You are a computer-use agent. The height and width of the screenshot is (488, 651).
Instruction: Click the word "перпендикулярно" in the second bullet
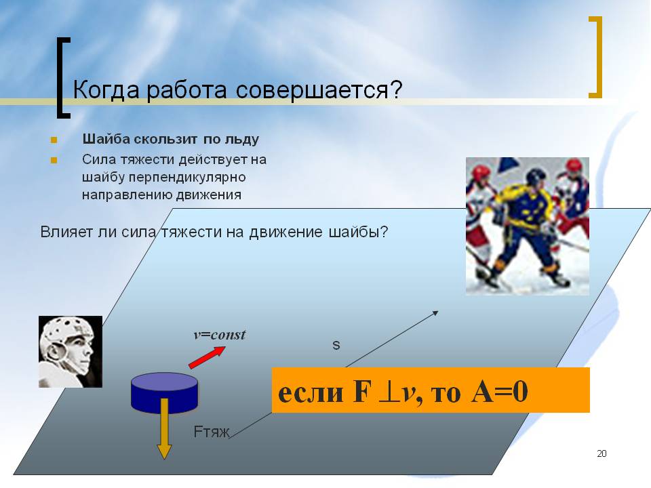(x=187, y=178)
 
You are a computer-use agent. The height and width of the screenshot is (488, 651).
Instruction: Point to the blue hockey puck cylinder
(x=164, y=392)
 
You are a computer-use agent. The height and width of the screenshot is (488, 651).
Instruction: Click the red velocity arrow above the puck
(x=208, y=357)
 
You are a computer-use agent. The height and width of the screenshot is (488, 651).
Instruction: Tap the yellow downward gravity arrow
(x=164, y=428)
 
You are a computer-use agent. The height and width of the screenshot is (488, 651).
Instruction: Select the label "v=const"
(x=220, y=334)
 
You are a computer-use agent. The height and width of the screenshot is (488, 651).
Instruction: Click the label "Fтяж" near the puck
(x=212, y=432)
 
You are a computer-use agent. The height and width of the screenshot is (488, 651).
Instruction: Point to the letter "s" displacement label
(x=336, y=345)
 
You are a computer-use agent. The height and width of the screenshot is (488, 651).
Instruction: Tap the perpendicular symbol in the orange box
(x=388, y=392)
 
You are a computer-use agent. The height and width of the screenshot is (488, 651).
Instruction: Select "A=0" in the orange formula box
(x=500, y=391)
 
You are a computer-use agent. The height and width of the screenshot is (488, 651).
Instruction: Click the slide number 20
(x=601, y=453)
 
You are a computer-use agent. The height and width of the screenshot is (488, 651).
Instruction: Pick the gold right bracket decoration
(x=597, y=57)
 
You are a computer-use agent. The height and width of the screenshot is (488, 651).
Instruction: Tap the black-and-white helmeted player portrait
(x=71, y=352)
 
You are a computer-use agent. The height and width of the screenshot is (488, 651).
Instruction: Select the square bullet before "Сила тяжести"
(x=54, y=160)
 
